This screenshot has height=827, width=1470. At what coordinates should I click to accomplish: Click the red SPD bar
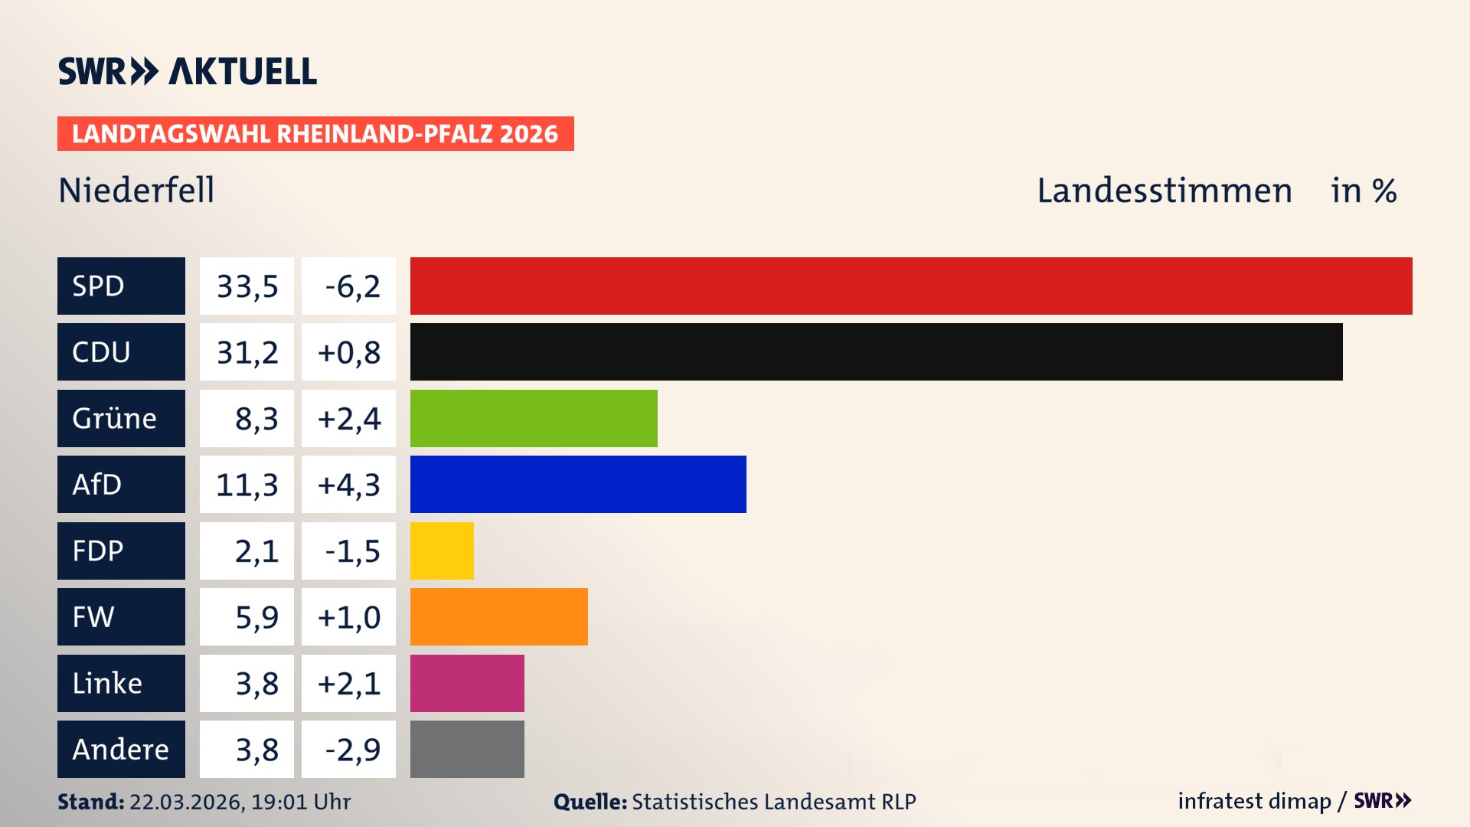pyautogui.click(x=911, y=286)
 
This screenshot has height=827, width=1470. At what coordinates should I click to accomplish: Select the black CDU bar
pyautogui.click(x=876, y=351)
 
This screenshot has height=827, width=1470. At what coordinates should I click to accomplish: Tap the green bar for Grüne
pyautogui.click(x=534, y=418)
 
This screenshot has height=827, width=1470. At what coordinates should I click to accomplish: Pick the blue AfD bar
pyautogui.click(x=578, y=484)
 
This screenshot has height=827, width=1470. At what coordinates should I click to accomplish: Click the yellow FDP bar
pyautogui.click(x=442, y=551)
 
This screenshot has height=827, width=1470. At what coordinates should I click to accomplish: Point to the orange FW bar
pyautogui.click(x=498, y=616)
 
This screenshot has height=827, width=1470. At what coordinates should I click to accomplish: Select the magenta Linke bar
pyautogui.click(x=467, y=683)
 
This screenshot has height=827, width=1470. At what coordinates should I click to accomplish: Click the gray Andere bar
pyautogui.click(x=467, y=749)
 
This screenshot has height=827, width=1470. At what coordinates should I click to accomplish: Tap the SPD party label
pyautogui.click(x=121, y=286)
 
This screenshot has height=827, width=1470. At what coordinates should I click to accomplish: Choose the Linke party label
pyautogui.click(x=121, y=683)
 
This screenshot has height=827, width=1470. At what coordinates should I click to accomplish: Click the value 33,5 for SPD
pyautogui.click(x=247, y=286)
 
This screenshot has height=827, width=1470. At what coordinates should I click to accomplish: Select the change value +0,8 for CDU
pyautogui.click(x=348, y=351)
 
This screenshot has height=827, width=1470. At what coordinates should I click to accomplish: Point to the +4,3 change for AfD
pyautogui.click(x=348, y=484)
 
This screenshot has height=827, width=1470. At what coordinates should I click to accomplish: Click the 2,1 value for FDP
pyautogui.click(x=256, y=551)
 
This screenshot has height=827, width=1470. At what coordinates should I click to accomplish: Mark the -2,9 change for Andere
pyautogui.click(x=351, y=749)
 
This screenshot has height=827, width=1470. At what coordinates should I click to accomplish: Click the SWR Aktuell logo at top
pyautogui.click(x=187, y=71)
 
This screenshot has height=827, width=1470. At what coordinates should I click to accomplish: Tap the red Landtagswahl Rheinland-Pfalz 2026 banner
pyautogui.click(x=315, y=133)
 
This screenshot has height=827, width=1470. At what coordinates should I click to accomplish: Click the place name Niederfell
pyautogui.click(x=136, y=190)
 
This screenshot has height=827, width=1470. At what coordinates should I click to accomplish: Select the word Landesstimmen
pyautogui.click(x=1164, y=190)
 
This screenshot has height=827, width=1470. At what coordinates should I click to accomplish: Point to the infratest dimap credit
pyautogui.click(x=1254, y=801)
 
